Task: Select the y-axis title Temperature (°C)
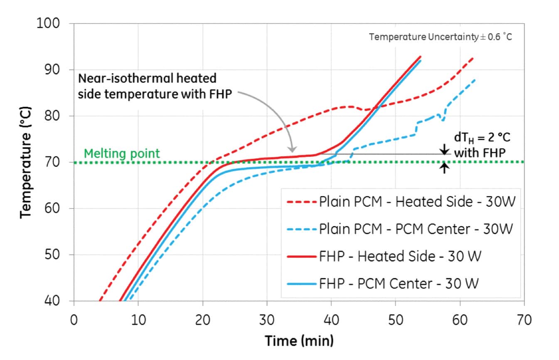point(26,163)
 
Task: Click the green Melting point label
point(122,153)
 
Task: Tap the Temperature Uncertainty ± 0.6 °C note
point(441,37)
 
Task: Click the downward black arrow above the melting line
point(444,148)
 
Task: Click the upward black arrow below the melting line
point(444,168)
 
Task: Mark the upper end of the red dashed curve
point(473,58)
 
